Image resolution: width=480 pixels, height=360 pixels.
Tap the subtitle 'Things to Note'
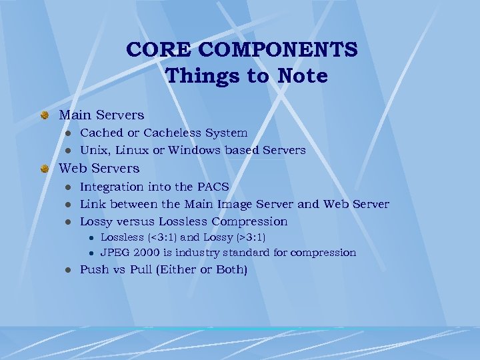pyautogui.click(x=247, y=76)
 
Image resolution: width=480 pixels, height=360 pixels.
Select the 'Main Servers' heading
pyautogui.click(x=101, y=115)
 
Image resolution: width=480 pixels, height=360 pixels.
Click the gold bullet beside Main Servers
pyautogui.click(x=44, y=116)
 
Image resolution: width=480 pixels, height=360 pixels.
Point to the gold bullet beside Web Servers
pyautogui.click(x=44, y=169)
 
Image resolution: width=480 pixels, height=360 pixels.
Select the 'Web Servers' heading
pyautogui.click(x=99, y=168)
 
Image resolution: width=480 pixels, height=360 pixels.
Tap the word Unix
pyautogui.click(x=93, y=151)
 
